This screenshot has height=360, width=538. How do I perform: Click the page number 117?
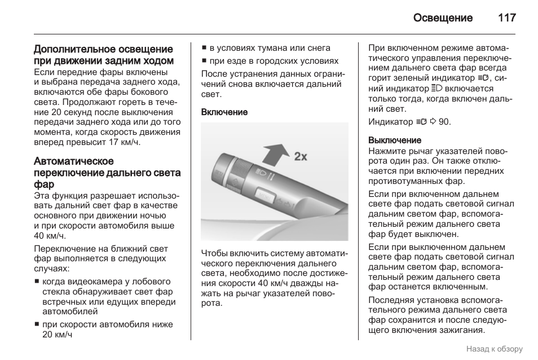(507, 18)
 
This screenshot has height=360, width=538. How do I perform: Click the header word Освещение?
(443, 18)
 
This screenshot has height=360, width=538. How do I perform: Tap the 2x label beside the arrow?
(301, 156)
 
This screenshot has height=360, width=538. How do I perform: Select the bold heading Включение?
(224, 112)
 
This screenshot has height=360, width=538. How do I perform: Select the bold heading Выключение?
(395, 140)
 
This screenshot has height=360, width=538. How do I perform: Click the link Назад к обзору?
(494, 349)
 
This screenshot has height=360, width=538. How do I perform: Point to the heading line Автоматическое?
(74, 161)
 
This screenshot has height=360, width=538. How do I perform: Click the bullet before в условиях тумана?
(205, 49)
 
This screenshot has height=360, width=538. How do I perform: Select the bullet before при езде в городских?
(205, 61)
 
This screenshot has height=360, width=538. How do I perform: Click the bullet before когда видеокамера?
(37, 282)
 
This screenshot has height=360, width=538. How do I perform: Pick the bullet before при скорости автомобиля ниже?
(37, 325)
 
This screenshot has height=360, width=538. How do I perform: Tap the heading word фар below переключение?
(44, 184)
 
